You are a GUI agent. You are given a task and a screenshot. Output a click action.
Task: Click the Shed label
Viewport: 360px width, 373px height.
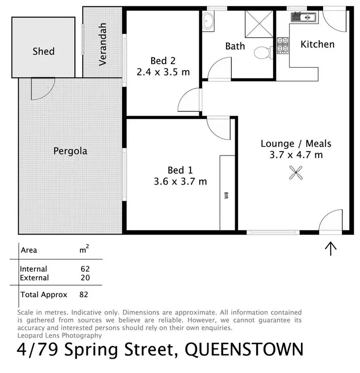43,51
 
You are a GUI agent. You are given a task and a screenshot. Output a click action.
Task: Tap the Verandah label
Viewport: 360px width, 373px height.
102,45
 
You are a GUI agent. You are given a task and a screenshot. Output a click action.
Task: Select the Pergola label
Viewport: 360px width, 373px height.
70,151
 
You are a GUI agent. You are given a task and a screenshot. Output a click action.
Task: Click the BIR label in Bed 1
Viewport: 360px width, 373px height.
226,195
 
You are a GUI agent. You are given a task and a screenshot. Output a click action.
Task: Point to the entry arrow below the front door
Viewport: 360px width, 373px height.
331,248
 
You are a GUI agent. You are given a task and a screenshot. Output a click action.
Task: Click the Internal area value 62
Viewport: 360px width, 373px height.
85,269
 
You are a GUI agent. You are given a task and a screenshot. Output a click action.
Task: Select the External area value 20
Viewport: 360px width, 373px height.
85,278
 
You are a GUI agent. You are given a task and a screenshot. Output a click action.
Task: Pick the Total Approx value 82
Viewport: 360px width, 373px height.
85,294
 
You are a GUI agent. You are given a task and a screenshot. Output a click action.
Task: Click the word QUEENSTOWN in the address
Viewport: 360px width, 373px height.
244,349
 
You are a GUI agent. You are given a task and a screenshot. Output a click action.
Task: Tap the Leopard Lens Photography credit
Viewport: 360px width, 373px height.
60,336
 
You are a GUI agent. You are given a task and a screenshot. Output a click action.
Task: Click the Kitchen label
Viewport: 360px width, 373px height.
317,44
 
